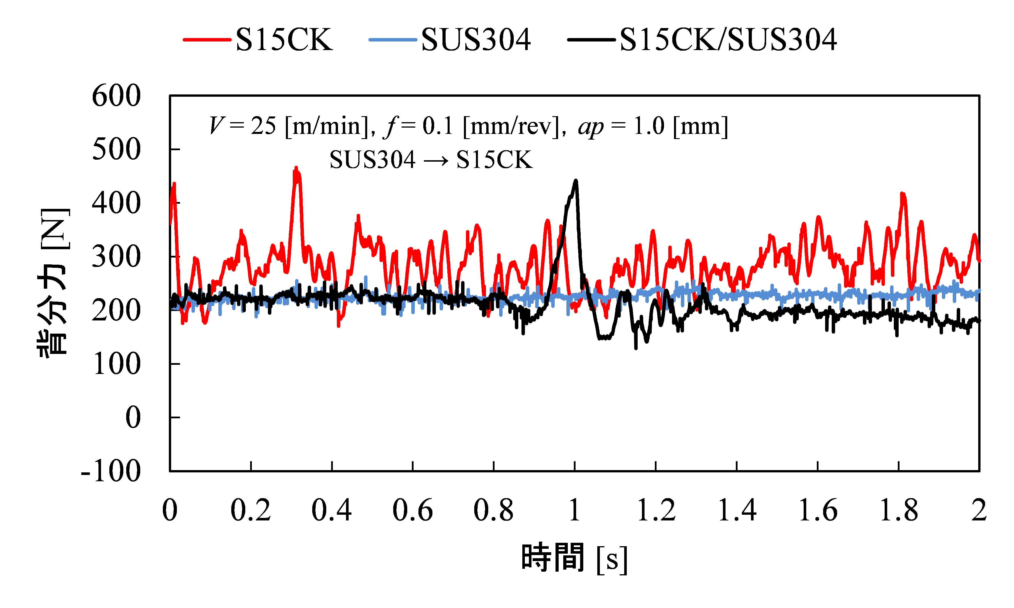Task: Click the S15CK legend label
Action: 284,40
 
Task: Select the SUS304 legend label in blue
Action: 476,40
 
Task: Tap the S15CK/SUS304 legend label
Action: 728,40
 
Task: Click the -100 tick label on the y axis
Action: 111,471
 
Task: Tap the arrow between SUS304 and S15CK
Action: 436,160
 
